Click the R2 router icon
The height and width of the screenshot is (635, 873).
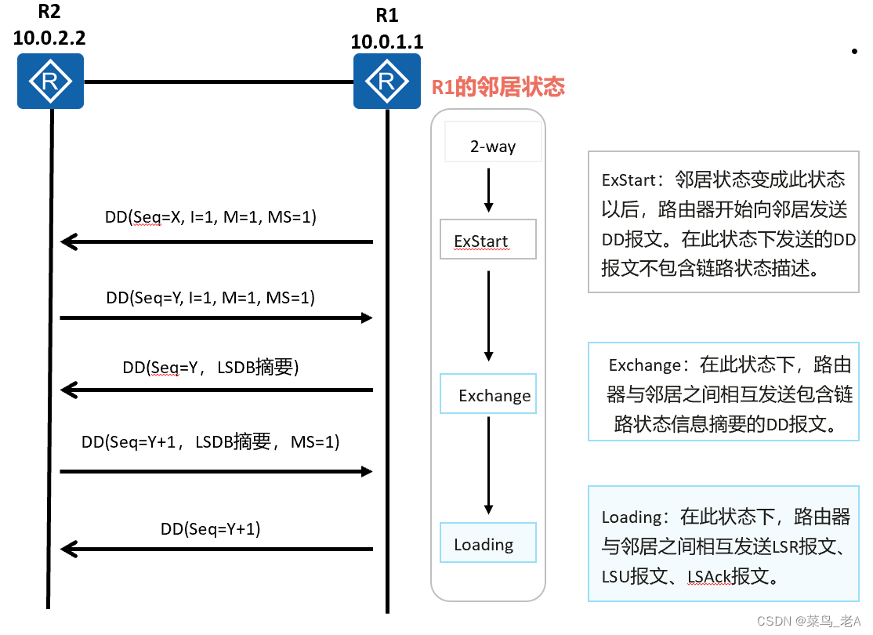51,81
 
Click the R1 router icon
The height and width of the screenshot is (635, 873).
386,81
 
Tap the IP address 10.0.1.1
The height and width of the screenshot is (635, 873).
386,42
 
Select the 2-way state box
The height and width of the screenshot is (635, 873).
493,146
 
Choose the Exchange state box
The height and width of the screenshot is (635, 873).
488,394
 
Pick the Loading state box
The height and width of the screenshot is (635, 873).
487,543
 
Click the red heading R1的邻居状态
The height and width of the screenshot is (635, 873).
498,86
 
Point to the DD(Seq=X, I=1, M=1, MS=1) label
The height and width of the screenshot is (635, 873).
211,217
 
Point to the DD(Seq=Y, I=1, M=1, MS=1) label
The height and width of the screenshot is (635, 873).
211,297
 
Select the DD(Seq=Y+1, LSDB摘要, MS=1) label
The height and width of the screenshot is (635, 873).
211,442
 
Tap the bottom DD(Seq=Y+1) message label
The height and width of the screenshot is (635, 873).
211,528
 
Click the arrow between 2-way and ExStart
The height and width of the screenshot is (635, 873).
489,189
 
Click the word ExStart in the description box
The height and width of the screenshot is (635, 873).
628,180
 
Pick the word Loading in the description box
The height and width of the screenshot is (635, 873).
632,517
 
